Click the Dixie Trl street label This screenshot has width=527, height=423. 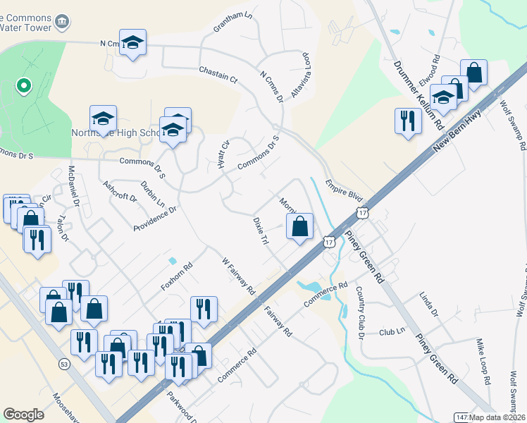[x=261, y=231]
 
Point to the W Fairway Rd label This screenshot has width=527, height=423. [x=239, y=276]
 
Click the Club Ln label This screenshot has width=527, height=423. [x=392, y=332]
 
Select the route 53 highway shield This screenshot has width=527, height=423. [x=64, y=364]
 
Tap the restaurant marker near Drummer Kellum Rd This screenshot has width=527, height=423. [x=407, y=121]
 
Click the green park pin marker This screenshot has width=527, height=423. [x=23, y=86]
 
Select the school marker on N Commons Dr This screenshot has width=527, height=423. [x=132, y=43]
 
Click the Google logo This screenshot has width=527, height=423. [x=23, y=415]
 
